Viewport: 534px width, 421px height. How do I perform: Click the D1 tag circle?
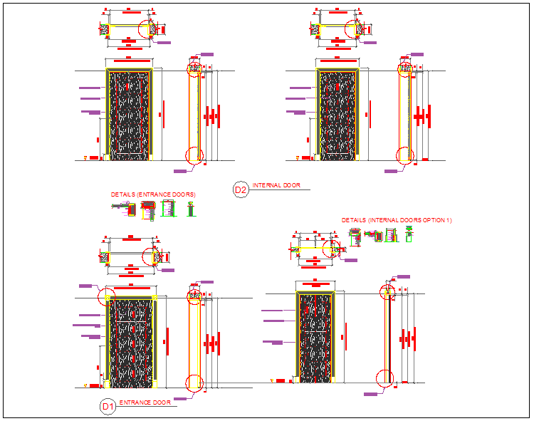point(108,407)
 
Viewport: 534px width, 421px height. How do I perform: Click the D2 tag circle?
point(241,189)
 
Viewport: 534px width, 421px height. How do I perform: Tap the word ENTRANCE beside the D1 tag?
point(135,402)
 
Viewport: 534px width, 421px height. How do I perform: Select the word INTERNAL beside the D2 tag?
point(267,185)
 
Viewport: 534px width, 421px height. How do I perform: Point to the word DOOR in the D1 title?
point(162,402)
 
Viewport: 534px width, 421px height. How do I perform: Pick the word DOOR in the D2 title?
point(292,185)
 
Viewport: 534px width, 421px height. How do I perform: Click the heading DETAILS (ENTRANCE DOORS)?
point(153,194)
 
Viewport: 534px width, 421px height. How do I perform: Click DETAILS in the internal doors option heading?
point(353,221)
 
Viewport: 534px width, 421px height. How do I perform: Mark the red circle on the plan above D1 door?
point(151,256)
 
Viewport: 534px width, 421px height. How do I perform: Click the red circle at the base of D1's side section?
point(194,383)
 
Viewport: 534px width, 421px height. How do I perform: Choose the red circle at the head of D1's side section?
point(194,294)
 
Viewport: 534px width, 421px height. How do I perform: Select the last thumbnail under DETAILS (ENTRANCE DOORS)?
point(190,209)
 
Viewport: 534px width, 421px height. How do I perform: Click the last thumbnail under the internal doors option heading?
point(409,232)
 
